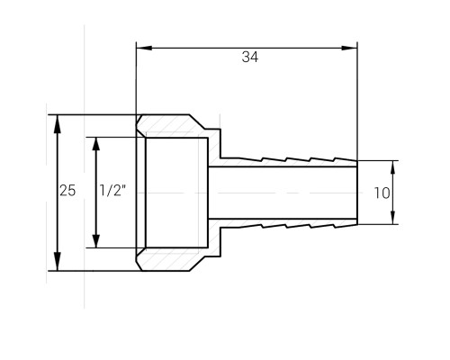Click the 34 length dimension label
tap(250, 57)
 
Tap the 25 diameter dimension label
tap(67, 191)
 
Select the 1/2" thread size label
tap(112, 191)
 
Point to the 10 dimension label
tap(382, 193)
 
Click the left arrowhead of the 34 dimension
tap(144, 48)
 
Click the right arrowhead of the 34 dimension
tap(349, 48)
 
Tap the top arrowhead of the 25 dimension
tap(58, 123)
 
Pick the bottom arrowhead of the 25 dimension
tap(58, 262)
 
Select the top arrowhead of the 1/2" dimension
tap(96, 144)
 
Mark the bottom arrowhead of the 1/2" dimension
tap(96, 241)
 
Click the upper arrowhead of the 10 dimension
tap(393, 167)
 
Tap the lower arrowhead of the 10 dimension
tap(393, 218)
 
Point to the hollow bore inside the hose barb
tap(283, 193)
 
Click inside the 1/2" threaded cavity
tap(176, 193)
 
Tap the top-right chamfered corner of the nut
tap(197, 121)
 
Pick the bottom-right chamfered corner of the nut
tap(197, 264)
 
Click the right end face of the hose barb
tap(357, 193)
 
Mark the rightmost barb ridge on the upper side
tap(345, 159)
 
